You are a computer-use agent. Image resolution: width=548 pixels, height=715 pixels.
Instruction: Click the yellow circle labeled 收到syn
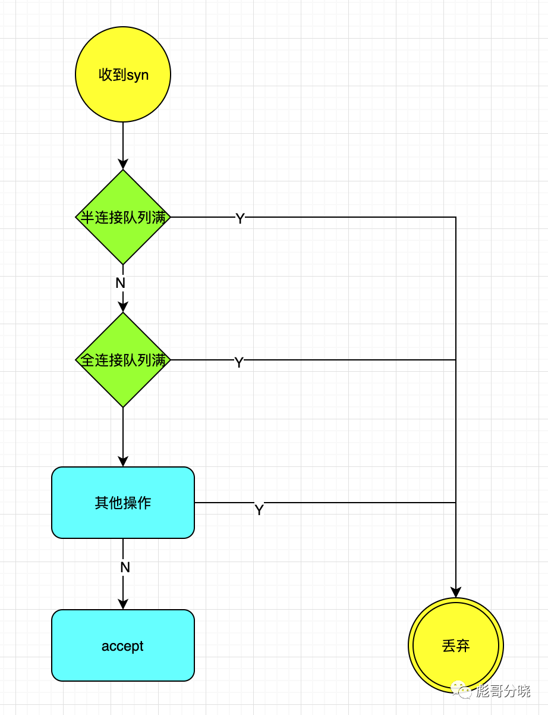click(x=123, y=74)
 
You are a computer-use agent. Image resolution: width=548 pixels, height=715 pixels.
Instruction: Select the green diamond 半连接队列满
click(x=123, y=217)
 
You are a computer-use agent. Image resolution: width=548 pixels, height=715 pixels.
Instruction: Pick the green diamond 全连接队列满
click(x=123, y=360)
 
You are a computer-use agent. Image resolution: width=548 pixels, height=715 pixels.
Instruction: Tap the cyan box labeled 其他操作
click(x=123, y=503)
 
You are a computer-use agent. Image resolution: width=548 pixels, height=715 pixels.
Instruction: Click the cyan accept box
click(x=123, y=645)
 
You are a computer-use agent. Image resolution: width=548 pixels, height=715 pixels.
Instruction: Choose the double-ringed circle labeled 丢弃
click(x=456, y=645)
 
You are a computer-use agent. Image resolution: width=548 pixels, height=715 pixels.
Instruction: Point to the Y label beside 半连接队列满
click(x=240, y=218)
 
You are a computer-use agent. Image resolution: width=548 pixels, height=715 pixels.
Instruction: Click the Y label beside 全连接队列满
click(x=239, y=362)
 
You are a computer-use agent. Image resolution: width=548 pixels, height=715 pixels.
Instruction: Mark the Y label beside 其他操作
click(x=259, y=510)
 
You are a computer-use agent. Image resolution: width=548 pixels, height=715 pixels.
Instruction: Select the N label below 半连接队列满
click(x=120, y=283)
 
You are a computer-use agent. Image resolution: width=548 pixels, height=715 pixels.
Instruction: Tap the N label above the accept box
click(x=125, y=567)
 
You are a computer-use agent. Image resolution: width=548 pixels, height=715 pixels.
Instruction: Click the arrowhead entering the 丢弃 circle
click(x=456, y=592)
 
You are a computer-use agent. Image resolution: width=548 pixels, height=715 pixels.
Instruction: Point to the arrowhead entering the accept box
click(x=123, y=604)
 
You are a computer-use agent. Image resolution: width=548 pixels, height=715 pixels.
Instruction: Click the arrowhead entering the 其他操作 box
click(x=123, y=462)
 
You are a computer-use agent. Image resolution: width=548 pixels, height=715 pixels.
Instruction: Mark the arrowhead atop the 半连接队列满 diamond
click(x=123, y=164)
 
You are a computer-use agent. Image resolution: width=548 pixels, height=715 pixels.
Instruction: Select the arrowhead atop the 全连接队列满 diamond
click(x=123, y=307)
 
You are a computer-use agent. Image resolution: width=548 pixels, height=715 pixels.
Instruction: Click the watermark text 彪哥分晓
click(x=503, y=691)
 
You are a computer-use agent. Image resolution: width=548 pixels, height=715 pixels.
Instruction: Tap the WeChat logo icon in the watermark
click(x=461, y=689)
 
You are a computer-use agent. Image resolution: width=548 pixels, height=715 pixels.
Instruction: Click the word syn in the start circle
click(x=137, y=76)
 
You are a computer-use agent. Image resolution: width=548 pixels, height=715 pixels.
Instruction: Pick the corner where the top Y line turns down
click(x=456, y=217)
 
